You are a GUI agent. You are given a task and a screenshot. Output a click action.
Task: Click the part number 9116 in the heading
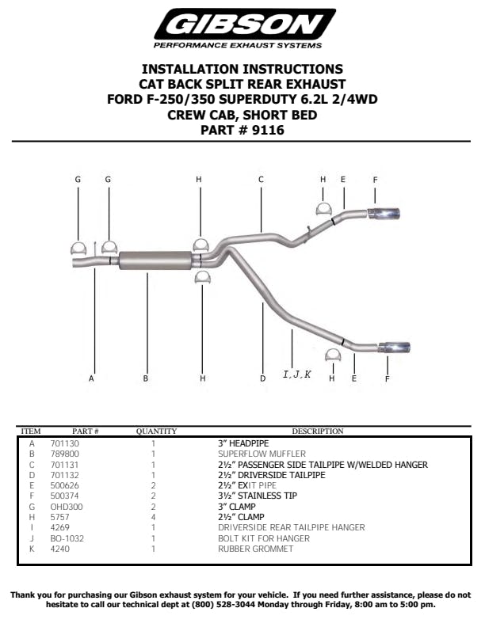268,130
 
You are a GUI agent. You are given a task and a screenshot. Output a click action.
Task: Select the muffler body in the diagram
155,260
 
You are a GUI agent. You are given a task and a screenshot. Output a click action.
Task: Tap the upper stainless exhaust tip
384,214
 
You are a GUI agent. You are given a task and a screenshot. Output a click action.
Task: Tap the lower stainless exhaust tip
394,348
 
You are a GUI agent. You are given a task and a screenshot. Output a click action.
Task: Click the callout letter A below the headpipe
91,378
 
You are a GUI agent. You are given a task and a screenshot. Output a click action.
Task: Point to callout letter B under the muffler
146,378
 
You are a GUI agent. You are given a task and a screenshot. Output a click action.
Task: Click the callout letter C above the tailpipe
261,180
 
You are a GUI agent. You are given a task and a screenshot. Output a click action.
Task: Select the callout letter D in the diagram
262,378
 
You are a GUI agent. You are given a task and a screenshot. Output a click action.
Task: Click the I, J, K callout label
297,374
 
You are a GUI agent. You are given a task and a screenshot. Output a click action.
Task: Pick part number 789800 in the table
65,454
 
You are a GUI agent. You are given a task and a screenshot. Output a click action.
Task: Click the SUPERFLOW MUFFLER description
262,454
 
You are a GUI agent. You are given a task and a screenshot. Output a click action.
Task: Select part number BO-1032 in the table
67,538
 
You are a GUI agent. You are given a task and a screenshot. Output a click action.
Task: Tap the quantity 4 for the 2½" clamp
153,517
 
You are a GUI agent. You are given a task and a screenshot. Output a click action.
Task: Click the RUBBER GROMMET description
256,549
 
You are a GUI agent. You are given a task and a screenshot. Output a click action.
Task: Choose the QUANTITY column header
156,431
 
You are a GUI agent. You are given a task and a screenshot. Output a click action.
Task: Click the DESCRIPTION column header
318,431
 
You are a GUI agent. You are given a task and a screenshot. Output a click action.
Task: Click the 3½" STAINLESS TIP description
258,496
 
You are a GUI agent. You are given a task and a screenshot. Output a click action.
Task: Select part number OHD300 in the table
67,507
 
